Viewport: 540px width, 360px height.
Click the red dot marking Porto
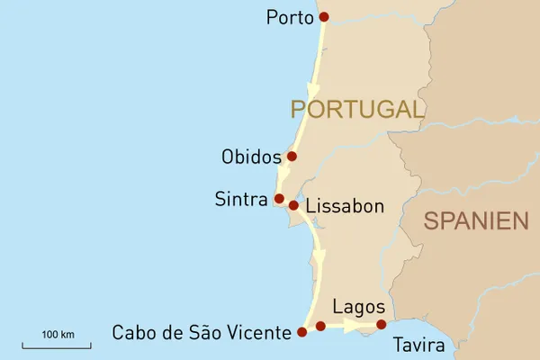(x=324, y=16)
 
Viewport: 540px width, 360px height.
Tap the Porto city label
(x=290, y=18)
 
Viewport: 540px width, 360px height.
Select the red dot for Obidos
(x=292, y=156)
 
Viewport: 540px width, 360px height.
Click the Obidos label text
(x=252, y=157)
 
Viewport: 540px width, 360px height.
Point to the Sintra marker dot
(x=279, y=198)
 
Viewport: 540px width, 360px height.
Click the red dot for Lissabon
(x=293, y=205)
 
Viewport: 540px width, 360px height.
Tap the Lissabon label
(x=345, y=207)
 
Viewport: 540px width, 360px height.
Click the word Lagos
(x=358, y=307)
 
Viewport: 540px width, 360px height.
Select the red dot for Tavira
(x=382, y=324)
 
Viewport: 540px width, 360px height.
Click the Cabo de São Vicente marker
(x=301, y=331)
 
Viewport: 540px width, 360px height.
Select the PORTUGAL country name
(x=356, y=110)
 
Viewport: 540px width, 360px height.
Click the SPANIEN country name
(x=476, y=220)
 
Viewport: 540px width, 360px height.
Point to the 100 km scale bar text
(x=58, y=335)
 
